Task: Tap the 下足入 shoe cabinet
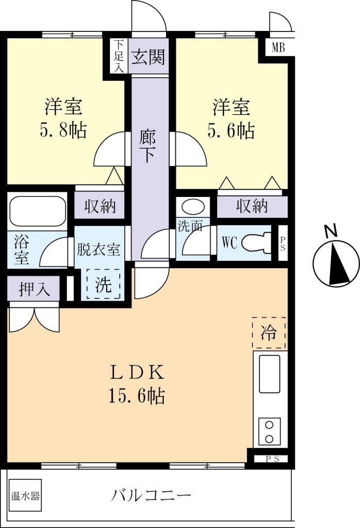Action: [x=119, y=57]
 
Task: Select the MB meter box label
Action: [x=278, y=49]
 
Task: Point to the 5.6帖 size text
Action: [x=231, y=131]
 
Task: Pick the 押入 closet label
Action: [x=34, y=290]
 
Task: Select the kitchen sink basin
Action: [x=269, y=374]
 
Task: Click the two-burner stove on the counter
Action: [x=269, y=432]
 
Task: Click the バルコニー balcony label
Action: [x=151, y=496]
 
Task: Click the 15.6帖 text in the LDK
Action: [x=137, y=395]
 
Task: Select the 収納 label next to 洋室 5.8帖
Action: [x=100, y=206]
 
